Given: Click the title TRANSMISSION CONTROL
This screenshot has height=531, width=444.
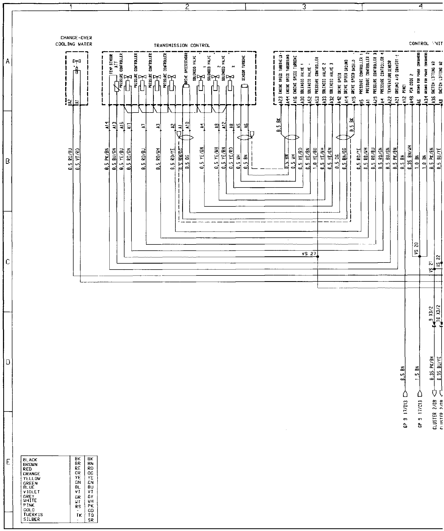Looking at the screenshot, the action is (x=182, y=46).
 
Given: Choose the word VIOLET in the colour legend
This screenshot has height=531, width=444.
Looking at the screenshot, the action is (x=32, y=492).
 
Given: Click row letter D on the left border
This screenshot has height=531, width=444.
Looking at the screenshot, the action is (x=8, y=362).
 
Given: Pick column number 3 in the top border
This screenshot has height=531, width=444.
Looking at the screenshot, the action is (x=304, y=7).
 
